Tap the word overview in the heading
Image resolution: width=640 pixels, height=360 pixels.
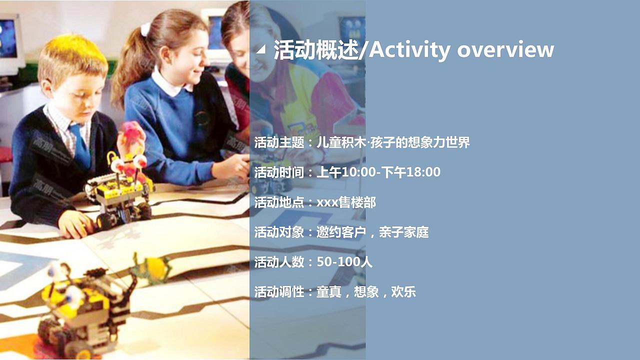point(505,50)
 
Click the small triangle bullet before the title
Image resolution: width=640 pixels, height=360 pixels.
point(260,50)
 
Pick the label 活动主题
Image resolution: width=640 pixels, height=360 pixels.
point(279,142)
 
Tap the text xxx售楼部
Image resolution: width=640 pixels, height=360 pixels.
point(346,202)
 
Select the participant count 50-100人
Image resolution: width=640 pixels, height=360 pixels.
point(344,262)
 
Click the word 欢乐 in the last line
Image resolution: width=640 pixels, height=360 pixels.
point(403,292)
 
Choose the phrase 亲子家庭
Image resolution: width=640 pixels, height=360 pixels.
point(403,232)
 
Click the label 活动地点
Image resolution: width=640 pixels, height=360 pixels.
point(279,202)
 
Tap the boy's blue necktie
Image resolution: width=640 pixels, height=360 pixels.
point(80,145)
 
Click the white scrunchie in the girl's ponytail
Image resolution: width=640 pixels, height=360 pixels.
point(145,29)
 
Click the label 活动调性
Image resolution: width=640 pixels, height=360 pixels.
point(279,292)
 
